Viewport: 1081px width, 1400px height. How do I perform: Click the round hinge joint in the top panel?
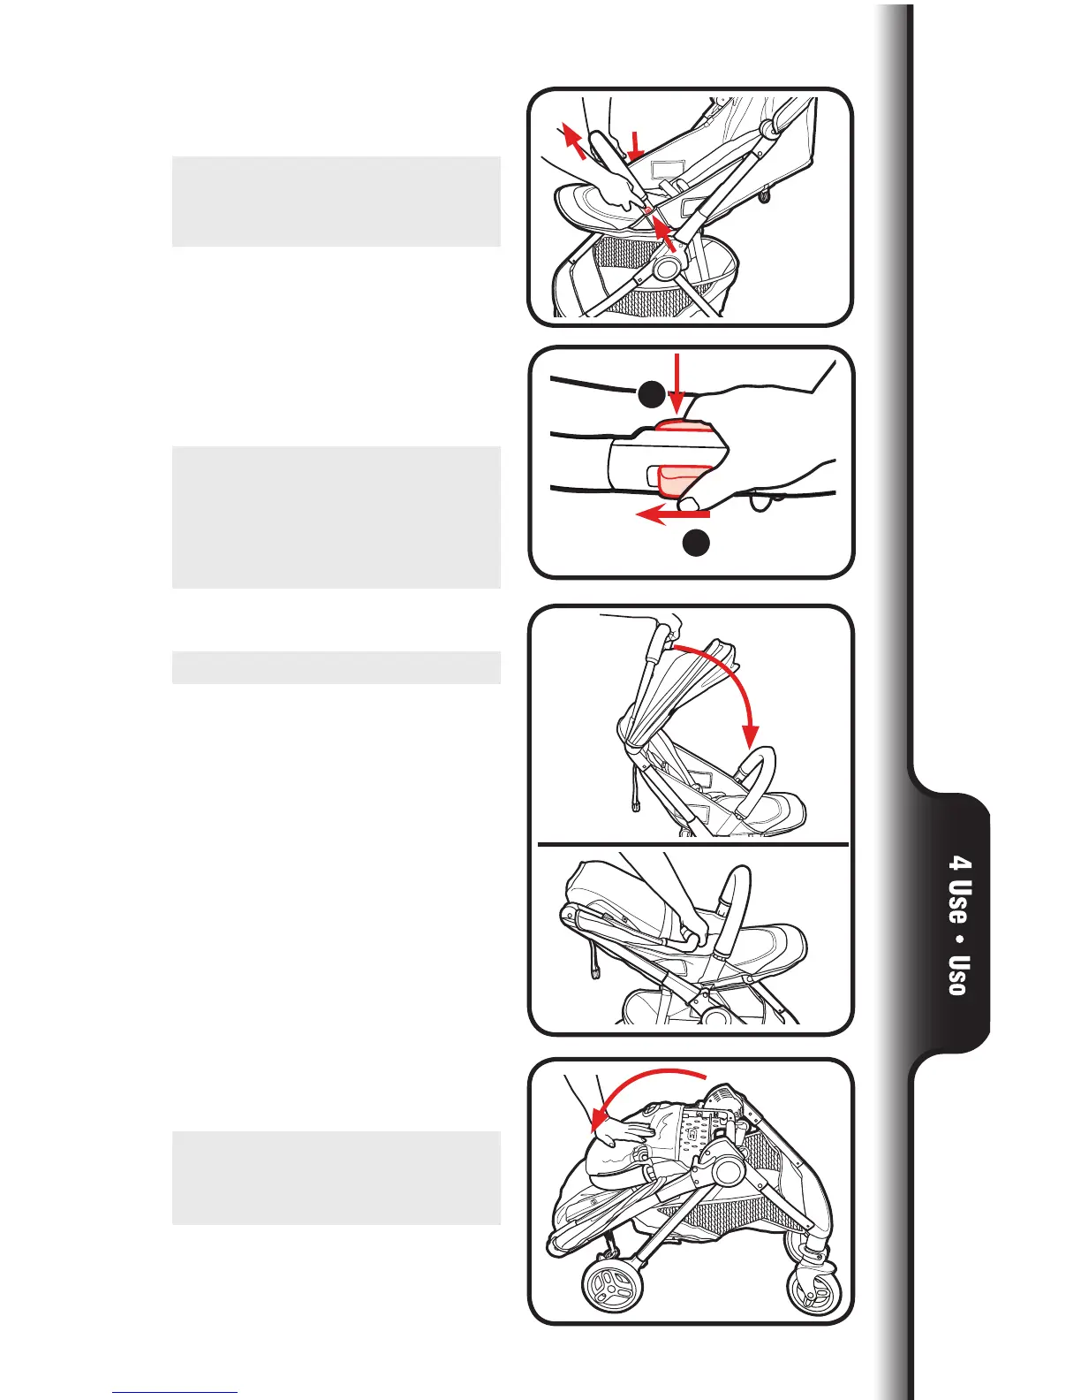click(x=669, y=269)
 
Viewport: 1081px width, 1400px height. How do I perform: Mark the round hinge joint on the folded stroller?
click(x=729, y=1173)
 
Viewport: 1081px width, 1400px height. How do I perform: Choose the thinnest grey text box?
click(x=336, y=667)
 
